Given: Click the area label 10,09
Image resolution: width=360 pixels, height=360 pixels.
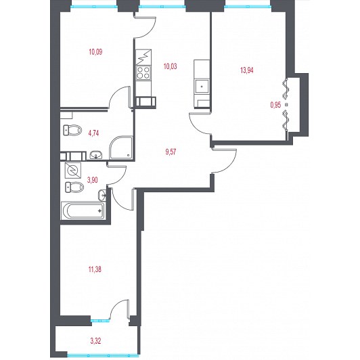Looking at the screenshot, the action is point(95,52).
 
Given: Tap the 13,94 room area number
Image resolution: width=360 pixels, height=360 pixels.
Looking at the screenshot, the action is point(247,70).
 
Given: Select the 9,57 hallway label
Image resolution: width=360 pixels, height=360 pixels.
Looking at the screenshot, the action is point(171,152).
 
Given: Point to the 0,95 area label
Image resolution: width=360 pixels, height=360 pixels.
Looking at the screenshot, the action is point(275,105).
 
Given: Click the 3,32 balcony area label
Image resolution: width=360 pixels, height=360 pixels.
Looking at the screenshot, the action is point(95,341).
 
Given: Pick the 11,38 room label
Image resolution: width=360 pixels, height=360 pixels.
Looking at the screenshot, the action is point(95,269).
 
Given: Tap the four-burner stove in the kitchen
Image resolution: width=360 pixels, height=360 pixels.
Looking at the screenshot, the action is point(143,72).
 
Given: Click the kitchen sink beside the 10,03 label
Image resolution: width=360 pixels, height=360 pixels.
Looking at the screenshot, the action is point(202,87).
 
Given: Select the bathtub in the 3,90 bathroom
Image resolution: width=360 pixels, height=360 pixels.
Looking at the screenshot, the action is point(83,210).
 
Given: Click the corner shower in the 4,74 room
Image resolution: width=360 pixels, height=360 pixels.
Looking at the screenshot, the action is point(121,148).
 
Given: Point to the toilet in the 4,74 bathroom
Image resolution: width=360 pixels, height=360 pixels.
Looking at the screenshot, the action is point(72,130).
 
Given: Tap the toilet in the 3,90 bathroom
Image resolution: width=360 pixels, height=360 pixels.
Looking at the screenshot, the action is point(74,187).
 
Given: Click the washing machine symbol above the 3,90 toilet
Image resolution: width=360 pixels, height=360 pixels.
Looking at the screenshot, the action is point(73,171).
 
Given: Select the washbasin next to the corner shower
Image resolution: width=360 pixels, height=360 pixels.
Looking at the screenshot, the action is point(96,155).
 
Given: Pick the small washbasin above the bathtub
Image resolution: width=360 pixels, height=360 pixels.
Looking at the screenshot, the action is point(102,196).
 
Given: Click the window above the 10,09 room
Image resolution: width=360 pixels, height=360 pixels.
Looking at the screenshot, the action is point(94,7).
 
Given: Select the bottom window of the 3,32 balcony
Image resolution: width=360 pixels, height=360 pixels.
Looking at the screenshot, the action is point(103,355).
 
